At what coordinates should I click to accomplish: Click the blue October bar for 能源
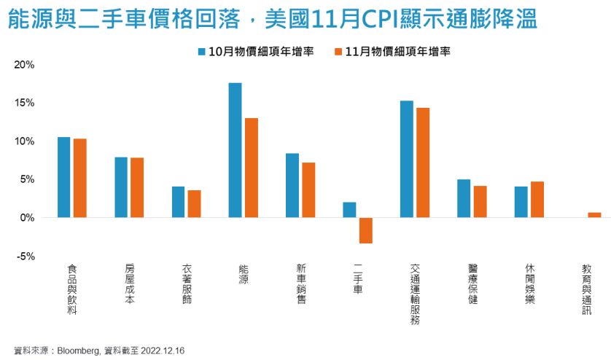[x=235, y=150]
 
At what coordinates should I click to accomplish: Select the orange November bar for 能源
[x=251, y=168]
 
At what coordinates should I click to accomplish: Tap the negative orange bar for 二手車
[x=365, y=230]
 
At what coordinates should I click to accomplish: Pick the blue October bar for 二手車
[x=349, y=210]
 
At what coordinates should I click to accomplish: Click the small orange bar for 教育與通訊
[x=594, y=215]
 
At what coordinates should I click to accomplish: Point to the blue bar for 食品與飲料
[x=64, y=177]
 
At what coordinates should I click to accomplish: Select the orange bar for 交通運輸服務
[x=423, y=163]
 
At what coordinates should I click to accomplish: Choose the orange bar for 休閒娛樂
[x=537, y=199]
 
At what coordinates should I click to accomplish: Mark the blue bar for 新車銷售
[x=292, y=185]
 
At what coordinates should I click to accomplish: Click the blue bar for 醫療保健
[x=464, y=198]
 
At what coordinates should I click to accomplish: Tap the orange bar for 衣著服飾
[x=194, y=203]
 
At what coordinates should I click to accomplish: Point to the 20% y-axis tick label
[x=24, y=65]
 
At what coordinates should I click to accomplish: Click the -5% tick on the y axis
[x=26, y=256]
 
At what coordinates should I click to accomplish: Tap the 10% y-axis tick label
[x=24, y=141]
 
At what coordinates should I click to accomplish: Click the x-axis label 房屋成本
[x=128, y=283]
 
